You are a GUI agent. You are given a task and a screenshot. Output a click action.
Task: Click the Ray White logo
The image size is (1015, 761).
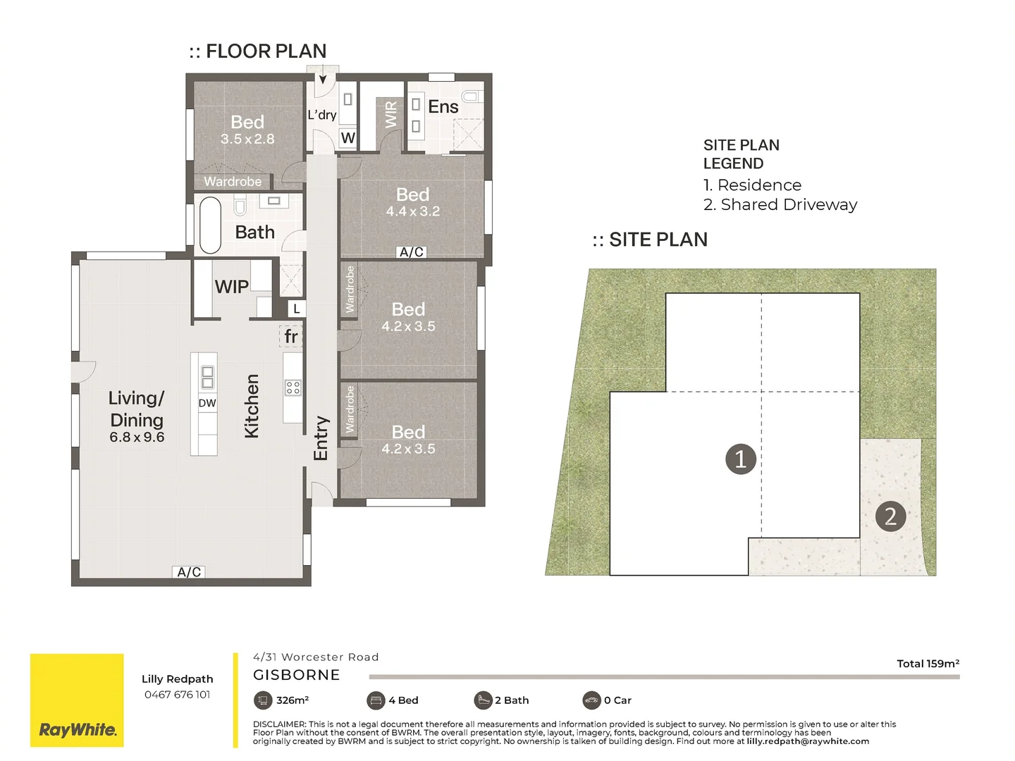77,700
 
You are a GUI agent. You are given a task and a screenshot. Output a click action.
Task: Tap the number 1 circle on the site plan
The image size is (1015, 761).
740,459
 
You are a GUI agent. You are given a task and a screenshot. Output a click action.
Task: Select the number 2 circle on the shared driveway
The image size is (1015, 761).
890,516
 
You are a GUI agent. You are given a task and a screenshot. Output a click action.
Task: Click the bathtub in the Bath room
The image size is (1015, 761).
210,225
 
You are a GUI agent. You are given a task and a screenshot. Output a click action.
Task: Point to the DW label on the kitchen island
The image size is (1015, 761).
207,403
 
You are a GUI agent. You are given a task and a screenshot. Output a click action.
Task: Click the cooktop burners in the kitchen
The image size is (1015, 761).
293,388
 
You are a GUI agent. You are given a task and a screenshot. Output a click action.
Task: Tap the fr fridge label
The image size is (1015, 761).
290,337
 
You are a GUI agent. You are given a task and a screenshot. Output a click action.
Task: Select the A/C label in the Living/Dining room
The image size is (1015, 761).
189,572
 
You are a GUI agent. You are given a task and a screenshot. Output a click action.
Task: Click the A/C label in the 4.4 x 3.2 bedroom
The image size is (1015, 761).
412,252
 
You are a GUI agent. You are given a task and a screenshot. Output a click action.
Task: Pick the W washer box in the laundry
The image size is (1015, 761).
347,138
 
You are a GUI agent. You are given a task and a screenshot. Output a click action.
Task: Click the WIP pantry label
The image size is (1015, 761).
231,287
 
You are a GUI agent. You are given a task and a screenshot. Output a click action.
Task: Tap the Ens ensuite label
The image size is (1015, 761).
443,107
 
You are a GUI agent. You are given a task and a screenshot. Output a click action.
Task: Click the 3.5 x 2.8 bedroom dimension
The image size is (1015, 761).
247,139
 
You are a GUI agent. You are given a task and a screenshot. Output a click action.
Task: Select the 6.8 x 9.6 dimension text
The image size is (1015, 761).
137,437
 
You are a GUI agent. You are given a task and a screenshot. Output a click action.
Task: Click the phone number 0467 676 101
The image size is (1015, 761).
177,695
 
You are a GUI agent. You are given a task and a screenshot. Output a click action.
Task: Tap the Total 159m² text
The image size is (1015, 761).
928,664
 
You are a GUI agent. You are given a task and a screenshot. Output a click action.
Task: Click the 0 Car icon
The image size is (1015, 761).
591,700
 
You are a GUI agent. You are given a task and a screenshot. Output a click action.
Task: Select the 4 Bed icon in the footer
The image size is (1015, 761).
376,700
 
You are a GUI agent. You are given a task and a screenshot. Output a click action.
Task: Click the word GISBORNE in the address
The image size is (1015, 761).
297,675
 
